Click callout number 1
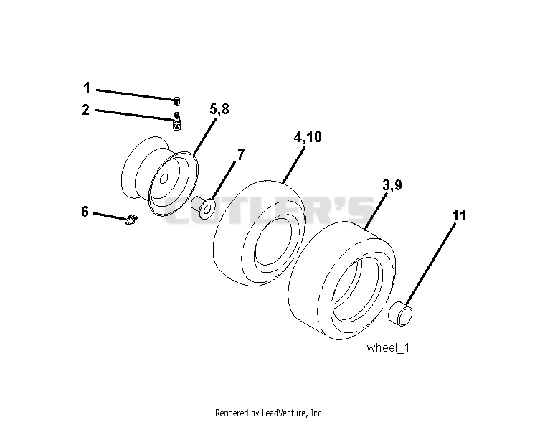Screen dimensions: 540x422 coord(87,88)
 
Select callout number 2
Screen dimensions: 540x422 coord(86,110)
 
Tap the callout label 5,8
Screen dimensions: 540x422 coord(219,109)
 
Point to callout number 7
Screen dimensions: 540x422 coord(241,155)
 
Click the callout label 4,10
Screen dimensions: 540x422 coord(308,137)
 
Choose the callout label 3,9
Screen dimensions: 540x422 coord(392,185)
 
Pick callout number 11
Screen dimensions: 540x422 coord(459,215)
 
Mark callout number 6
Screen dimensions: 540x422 coord(85,211)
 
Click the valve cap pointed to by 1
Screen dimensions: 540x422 coord(177,101)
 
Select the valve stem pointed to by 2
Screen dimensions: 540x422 coord(176,121)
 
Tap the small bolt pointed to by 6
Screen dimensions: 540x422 coord(131,220)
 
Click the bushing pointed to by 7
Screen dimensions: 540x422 coord(203,207)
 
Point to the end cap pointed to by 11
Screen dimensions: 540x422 coord(400,313)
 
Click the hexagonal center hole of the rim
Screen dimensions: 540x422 coord(164,178)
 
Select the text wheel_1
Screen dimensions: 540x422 coord(388,347)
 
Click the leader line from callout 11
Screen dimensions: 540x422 coord(430,264)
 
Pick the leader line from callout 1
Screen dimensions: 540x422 coord(136,95)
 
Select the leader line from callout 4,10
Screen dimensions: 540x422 coord(294,165)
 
